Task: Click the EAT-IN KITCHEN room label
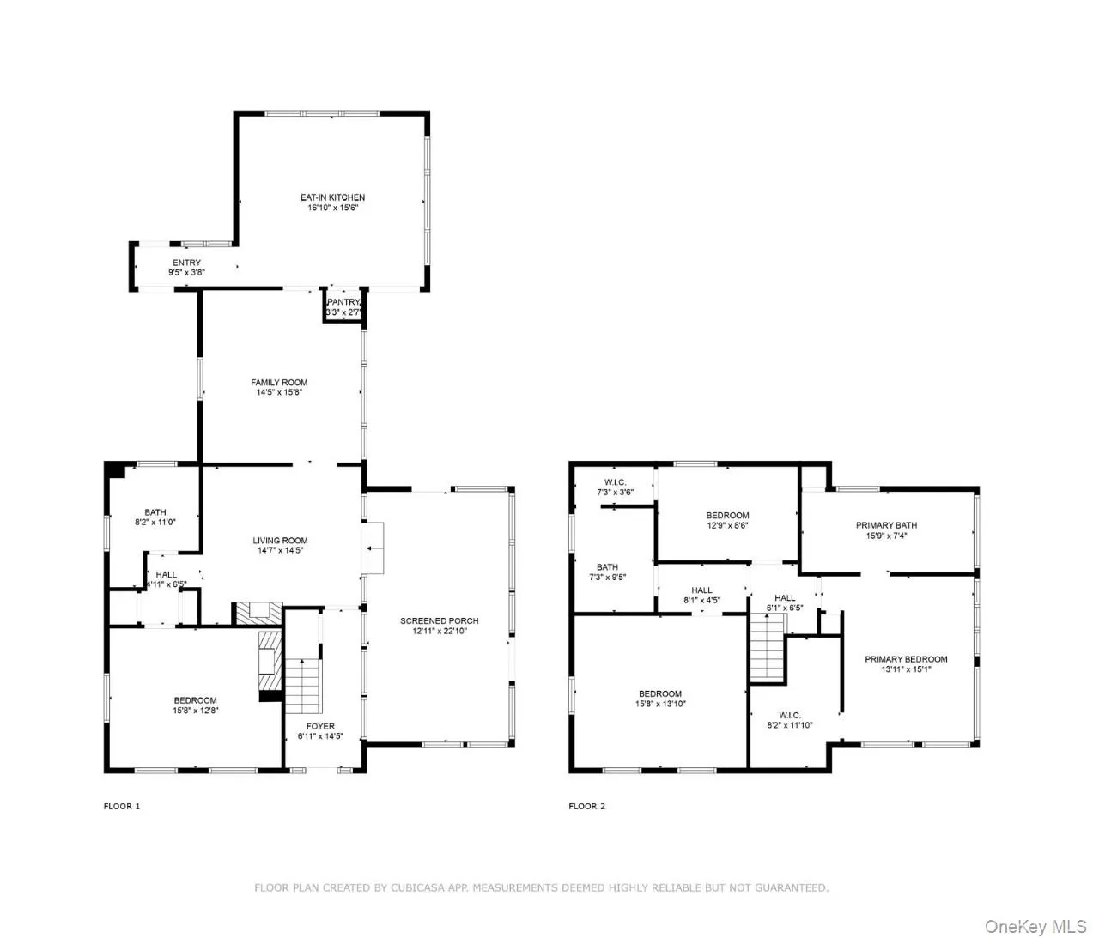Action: pyautogui.click(x=332, y=198)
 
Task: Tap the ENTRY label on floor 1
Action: pyautogui.click(x=186, y=263)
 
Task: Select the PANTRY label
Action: pyautogui.click(x=343, y=303)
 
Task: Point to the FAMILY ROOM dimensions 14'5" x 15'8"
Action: pyautogui.click(x=279, y=393)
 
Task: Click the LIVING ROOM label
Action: pyautogui.click(x=280, y=541)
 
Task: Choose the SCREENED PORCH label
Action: pyautogui.click(x=439, y=621)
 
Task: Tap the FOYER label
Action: pyautogui.click(x=320, y=727)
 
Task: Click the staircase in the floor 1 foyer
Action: pyautogui.click(x=301, y=686)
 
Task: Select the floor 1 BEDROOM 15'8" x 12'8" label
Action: pyautogui.click(x=195, y=701)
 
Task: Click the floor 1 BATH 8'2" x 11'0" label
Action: pyautogui.click(x=155, y=513)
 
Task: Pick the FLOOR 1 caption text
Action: pyautogui.click(x=121, y=807)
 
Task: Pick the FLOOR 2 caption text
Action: pyautogui.click(x=586, y=807)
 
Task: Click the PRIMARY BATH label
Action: pyautogui.click(x=886, y=526)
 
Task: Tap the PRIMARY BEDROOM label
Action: pyautogui.click(x=906, y=660)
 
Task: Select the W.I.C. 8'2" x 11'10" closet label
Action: pyautogui.click(x=790, y=716)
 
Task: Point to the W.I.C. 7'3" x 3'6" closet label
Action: pyautogui.click(x=616, y=483)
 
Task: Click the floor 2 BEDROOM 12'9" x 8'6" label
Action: pyautogui.click(x=727, y=516)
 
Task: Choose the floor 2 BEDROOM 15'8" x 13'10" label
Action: pyautogui.click(x=660, y=694)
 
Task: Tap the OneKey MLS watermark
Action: pyautogui.click(x=1035, y=927)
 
